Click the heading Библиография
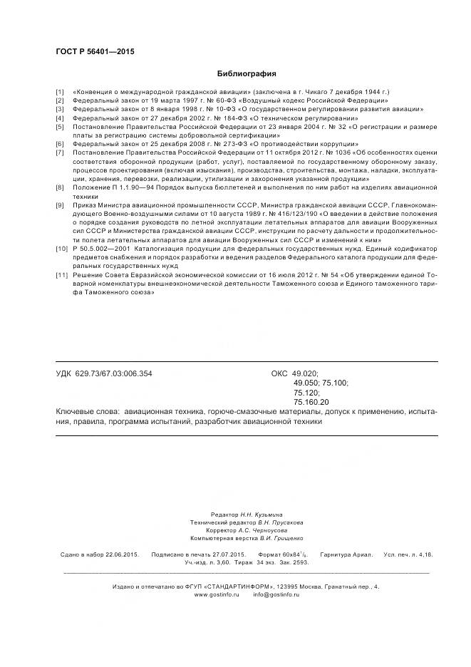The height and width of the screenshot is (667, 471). click(x=247, y=73)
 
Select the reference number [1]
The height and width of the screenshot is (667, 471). click(x=60, y=93)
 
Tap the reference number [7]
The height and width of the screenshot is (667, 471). click(x=60, y=152)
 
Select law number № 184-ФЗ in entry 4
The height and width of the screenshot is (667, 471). click(x=223, y=118)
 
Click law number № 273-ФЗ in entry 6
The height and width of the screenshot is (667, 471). click(x=224, y=144)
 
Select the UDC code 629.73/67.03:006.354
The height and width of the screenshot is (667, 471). click(x=113, y=373)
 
